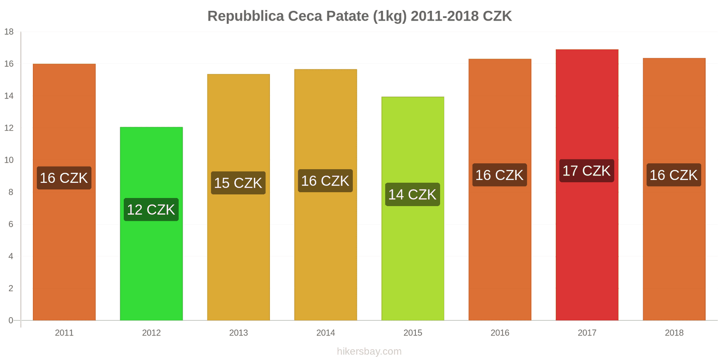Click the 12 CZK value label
coord(151,210)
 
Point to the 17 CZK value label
coord(587,171)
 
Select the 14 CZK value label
coord(413,194)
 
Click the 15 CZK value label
coord(238,183)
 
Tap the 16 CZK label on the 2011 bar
coord(64,178)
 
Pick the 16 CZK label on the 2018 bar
coord(674,175)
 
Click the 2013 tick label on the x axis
coord(238,333)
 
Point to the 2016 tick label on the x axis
coord(500,333)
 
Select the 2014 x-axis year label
coord(325,333)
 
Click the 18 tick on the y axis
coord(9,32)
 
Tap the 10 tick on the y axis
coord(9,160)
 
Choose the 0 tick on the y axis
coord(11,320)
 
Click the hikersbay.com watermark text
coord(369,351)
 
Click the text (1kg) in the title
coord(390,16)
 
